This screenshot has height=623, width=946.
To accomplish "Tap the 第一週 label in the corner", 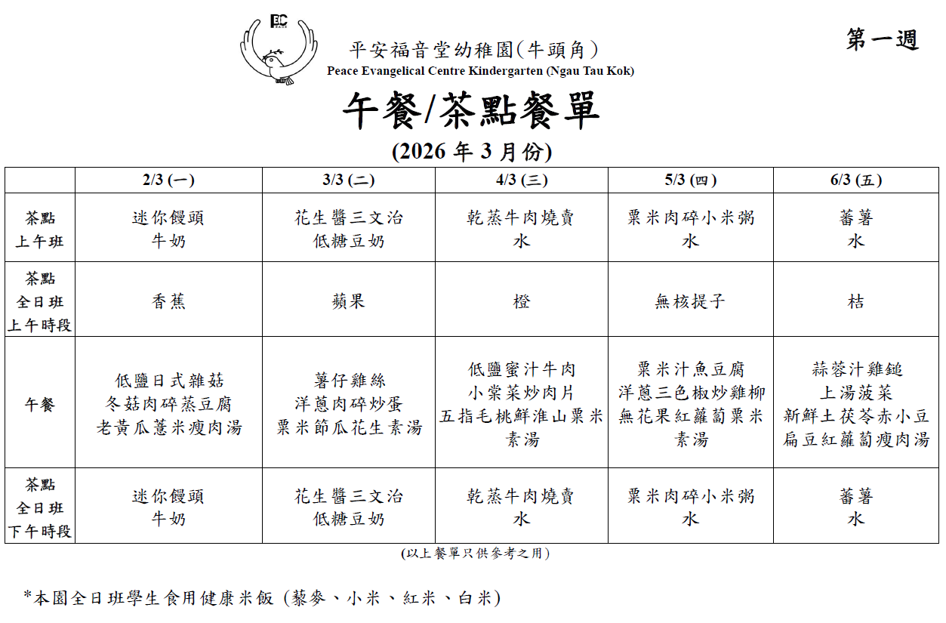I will (x=882, y=40).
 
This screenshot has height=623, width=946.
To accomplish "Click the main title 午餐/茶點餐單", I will (x=472, y=111).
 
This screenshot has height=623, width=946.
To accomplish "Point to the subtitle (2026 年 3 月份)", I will (x=472, y=152).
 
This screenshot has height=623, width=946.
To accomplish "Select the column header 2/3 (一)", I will (x=168, y=180).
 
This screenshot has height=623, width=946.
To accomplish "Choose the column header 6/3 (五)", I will (x=855, y=180).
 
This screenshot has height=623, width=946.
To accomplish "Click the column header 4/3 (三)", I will (x=521, y=180).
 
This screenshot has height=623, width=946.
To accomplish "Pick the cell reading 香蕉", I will (x=168, y=301).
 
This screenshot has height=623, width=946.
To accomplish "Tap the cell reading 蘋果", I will (x=349, y=301).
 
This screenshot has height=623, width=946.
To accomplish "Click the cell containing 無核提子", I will (x=690, y=301).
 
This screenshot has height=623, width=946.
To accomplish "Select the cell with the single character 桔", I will (x=855, y=301).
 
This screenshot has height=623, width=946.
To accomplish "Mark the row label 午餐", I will (x=40, y=405).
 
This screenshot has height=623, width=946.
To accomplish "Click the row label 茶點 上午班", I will (x=40, y=230).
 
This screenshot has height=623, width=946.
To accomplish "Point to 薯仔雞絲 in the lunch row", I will (x=349, y=381).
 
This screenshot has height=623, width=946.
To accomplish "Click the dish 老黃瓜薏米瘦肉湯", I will (x=168, y=427).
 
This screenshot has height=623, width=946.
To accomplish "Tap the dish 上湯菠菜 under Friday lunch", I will (x=855, y=393).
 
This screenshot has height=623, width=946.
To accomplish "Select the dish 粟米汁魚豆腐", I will (x=690, y=369).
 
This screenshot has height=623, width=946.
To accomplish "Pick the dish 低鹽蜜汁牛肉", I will (x=521, y=369).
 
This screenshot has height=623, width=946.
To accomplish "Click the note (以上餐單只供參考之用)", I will (x=475, y=554).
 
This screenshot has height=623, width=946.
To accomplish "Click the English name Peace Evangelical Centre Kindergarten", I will (x=480, y=71).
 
